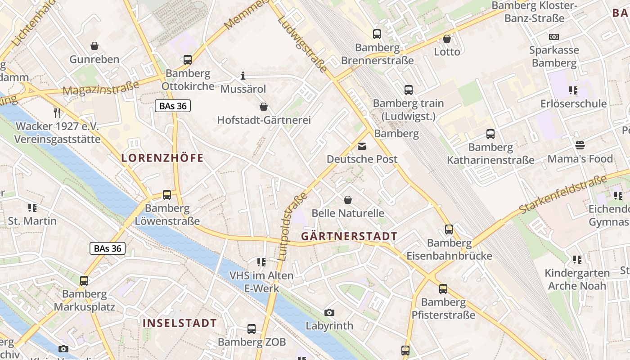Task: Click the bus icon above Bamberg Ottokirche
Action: pyautogui.click(x=187, y=59)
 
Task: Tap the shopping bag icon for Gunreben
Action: pyautogui.click(x=94, y=45)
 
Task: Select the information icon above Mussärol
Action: pyautogui.click(x=243, y=75)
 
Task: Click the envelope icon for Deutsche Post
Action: pyautogui.click(x=362, y=146)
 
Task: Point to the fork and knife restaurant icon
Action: pyautogui.click(x=57, y=112)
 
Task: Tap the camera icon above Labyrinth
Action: pyautogui.click(x=329, y=312)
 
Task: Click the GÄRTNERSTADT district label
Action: pyautogui.click(x=349, y=236)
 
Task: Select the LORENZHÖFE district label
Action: pyautogui.click(x=162, y=158)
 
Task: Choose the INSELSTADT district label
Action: pyautogui.click(x=180, y=323)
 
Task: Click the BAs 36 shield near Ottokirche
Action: pyautogui.click(x=173, y=106)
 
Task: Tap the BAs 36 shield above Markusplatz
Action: pyautogui.click(x=108, y=248)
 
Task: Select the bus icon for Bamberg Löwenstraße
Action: pyautogui.click(x=167, y=195)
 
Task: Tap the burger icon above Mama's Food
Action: pyautogui.click(x=580, y=145)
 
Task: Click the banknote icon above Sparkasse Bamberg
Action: pyautogui.click(x=554, y=36)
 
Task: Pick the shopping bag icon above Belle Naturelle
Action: pyautogui.click(x=347, y=199)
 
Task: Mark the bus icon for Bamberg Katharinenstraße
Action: pyautogui.click(x=490, y=134)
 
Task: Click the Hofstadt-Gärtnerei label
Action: pyautogui.click(x=264, y=120)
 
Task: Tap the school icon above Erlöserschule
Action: pyautogui.click(x=573, y=90)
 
